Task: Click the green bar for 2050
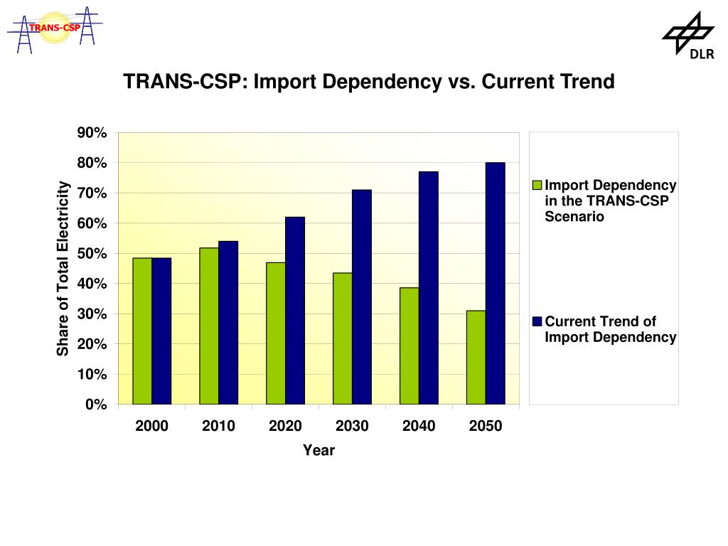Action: coord(476,358)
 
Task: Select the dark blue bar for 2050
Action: coord(495,284)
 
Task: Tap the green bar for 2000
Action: coord(142,331)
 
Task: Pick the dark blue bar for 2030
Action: coord(361,297)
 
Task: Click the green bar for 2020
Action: coord(276,333)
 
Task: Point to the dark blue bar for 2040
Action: coord(428,288)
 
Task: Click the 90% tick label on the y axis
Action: coord(92,134)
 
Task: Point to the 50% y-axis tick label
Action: coord(92,254)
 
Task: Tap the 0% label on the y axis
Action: coord(96,405)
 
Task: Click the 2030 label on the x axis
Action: coord(352,427)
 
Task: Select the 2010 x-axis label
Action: coord(218,427)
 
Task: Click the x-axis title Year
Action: coord(318,450)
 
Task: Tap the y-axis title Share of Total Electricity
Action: coord(63,269)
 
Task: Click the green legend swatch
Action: coord(538,186)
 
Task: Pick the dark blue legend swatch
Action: coord(538,322)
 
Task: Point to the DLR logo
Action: coord(688,36)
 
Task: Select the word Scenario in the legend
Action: coord(574,217)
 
